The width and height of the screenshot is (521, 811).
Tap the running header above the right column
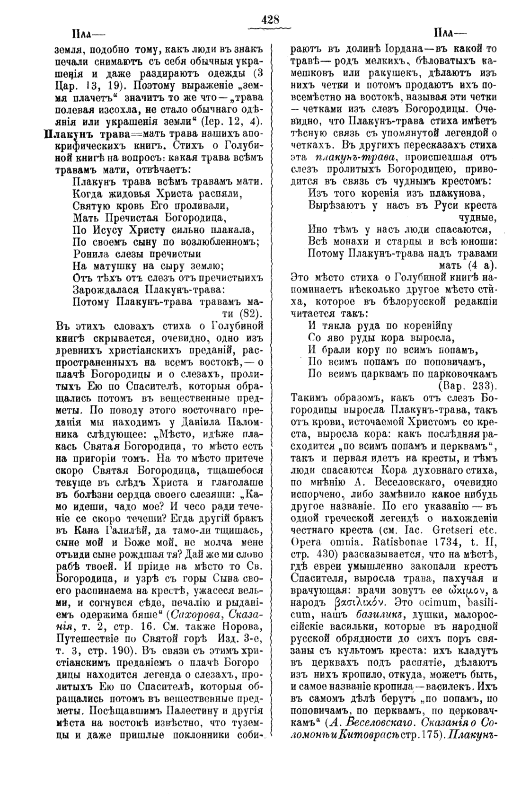click(x=449, y=34)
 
